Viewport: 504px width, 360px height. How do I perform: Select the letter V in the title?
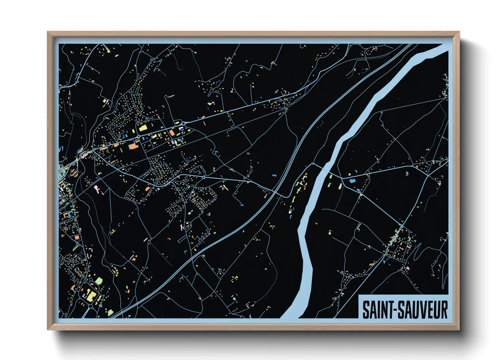[x=422, y=310]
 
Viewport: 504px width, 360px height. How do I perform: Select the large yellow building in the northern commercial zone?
[x=143, y=128]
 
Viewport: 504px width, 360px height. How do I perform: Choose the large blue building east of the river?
[x=352, y=181]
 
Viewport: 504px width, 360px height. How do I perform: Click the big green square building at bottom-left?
[x=99, y=281]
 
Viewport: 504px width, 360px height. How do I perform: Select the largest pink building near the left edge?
[x=96, y=188]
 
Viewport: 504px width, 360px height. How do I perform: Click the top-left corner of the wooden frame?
[x=48, y=32]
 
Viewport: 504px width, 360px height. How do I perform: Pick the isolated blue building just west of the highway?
[x=274, y=175]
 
